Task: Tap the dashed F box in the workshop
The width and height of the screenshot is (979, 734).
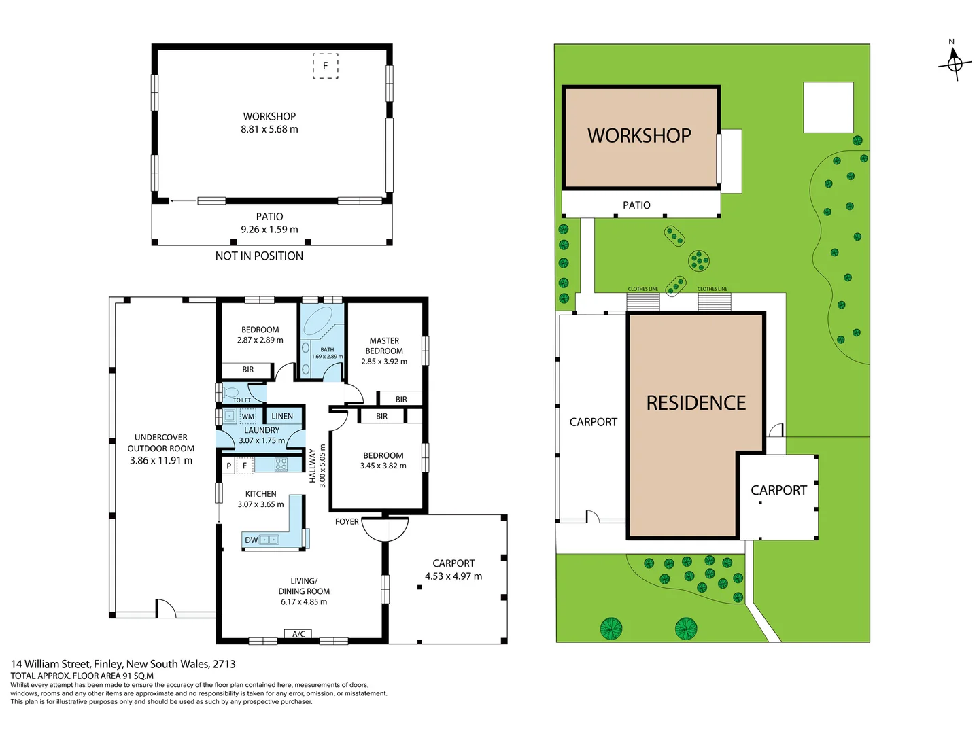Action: [x=325, y=66]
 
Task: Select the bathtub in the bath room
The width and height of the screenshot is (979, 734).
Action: [x=317, y=321]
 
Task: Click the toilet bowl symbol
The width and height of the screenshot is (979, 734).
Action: [x=230, y=392]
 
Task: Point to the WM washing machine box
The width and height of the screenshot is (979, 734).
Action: [x=248, y=416]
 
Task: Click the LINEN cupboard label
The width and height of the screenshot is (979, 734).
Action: [x=282, y=416]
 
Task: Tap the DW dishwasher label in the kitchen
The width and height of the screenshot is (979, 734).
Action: [x=251, y=540]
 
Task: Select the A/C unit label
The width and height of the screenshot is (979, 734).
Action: [x=298, y=633]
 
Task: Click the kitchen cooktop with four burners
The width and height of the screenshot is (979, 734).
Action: [x=281, y=464]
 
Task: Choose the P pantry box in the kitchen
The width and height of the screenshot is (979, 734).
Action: [x=229, y=466]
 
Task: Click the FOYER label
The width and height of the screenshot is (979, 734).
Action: [x=347, y=521]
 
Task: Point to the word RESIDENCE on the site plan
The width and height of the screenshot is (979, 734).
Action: [x=695, y=403]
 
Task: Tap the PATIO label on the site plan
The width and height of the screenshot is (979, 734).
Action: [x=636, y=205]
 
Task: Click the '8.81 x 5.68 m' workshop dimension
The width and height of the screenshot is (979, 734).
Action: [x=269, y=129]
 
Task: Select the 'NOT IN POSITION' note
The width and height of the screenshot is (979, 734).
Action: [x=259, y=256]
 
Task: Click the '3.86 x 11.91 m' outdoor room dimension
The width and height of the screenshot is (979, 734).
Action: [x=161, y=460]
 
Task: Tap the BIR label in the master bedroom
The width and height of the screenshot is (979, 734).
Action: [x=401, y=400]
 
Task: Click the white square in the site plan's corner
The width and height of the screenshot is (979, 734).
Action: [x=828, y=107]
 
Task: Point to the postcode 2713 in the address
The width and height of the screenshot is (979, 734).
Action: [x=224, y=664]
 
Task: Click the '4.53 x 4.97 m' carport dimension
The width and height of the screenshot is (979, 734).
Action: [x=453, y=576]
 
